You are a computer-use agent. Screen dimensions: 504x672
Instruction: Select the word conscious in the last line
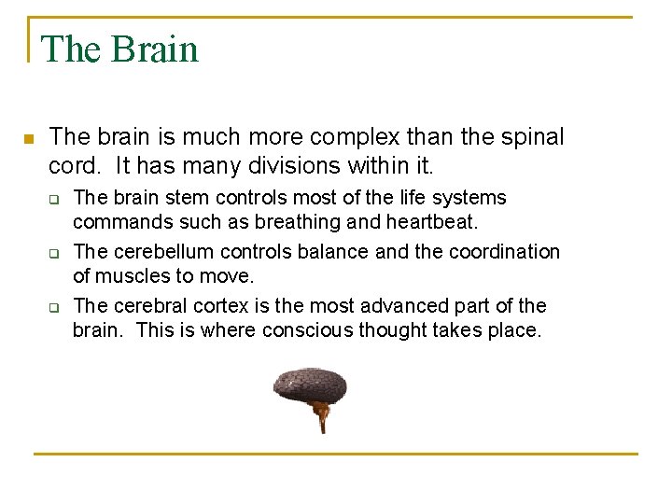click(307, 329)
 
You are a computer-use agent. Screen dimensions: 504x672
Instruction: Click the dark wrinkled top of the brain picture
click(310, 384)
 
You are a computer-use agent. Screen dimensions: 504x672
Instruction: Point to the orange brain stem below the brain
click(321, 416)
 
